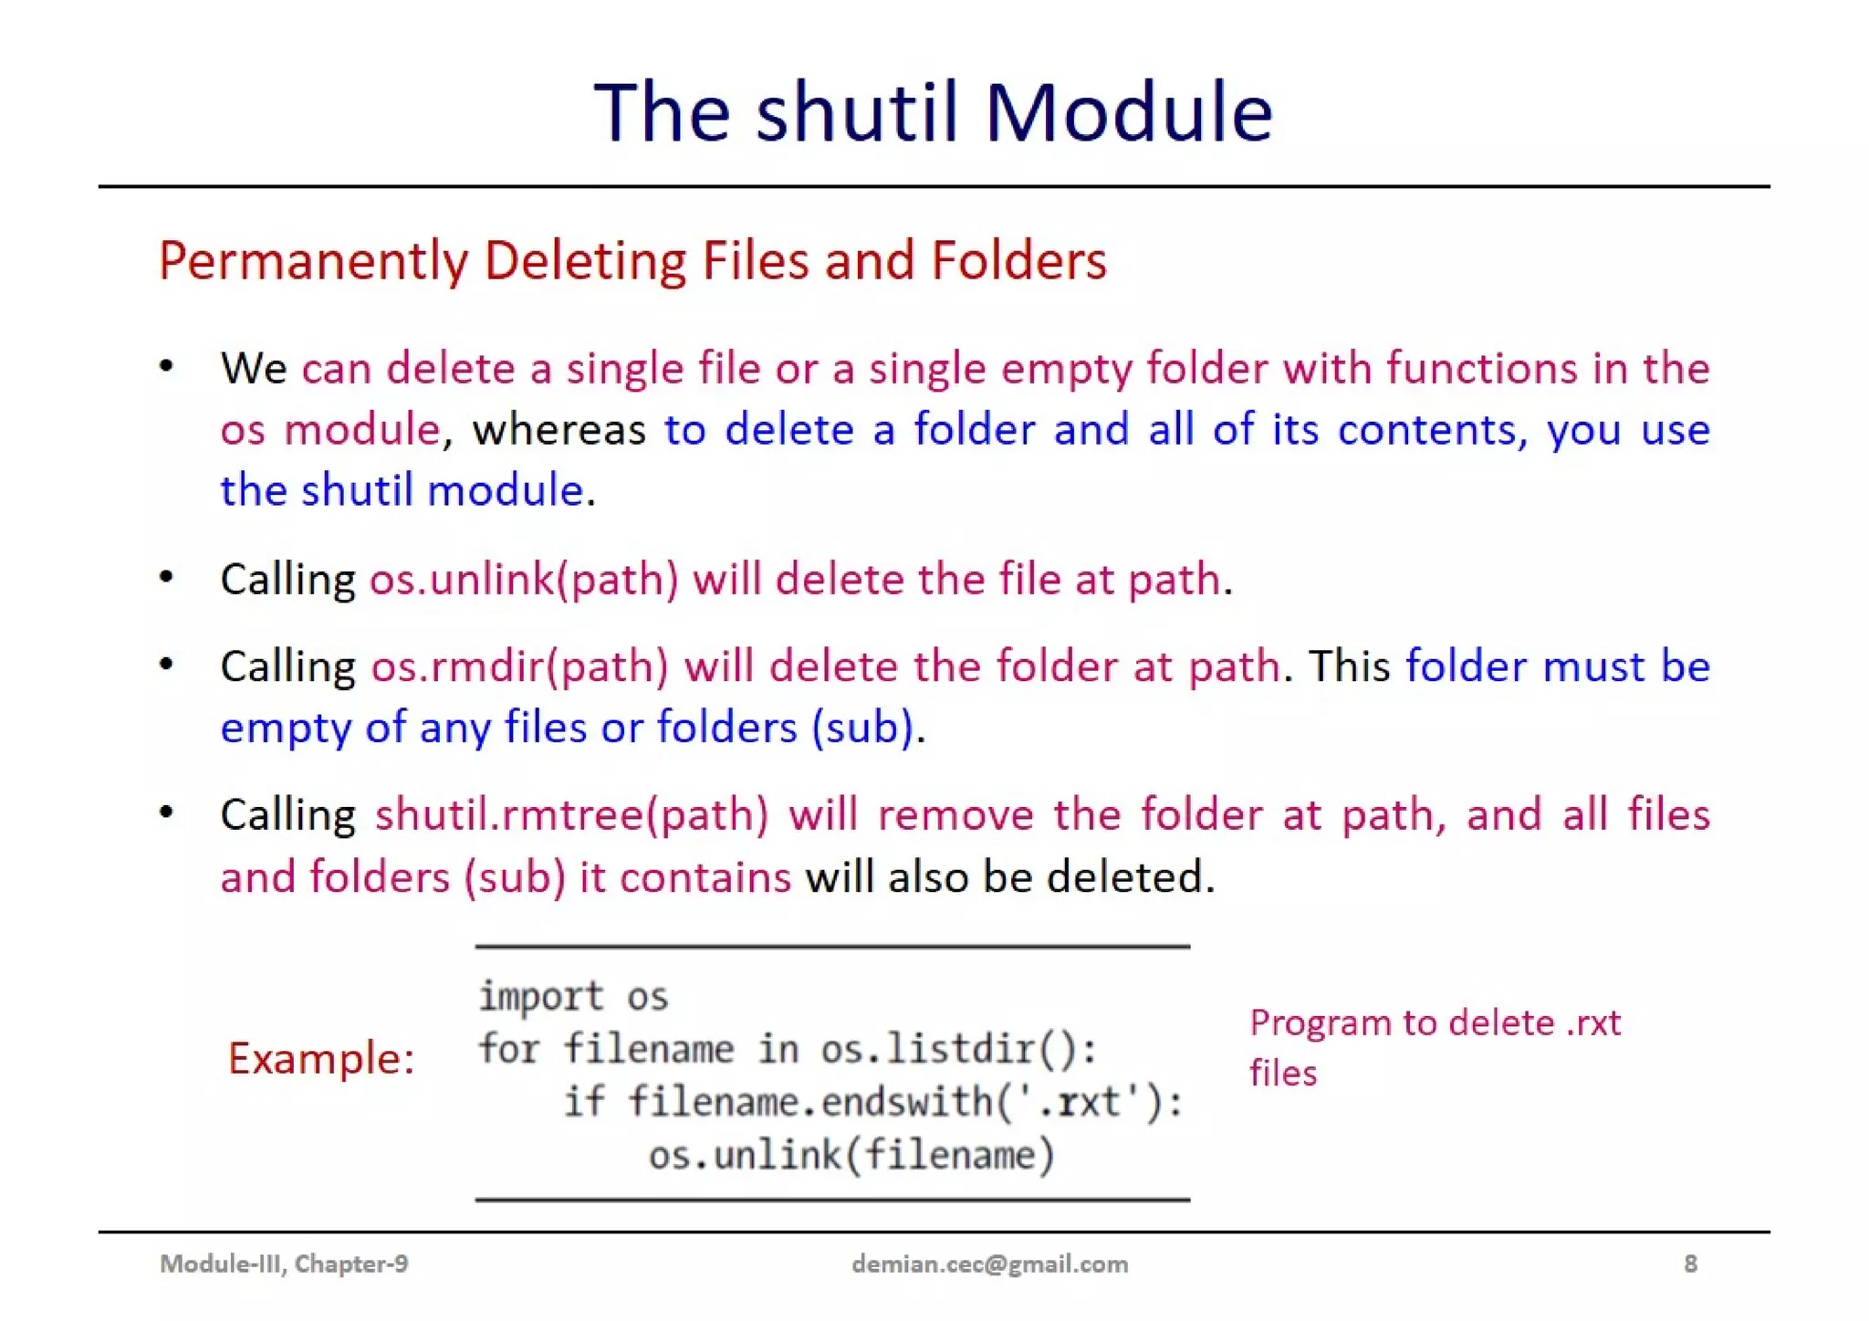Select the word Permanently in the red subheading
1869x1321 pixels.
tap(313, 261)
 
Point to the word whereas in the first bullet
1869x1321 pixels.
tap(559, 429)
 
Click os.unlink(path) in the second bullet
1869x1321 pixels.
tap(524, 579)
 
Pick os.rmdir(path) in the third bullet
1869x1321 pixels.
tap(519, 666)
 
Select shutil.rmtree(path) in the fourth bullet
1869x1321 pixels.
tap(572, 814)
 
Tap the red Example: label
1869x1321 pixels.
tap(321, 1058)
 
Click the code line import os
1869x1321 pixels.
tap(573, 996)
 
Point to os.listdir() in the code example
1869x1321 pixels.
tap(958, 1049)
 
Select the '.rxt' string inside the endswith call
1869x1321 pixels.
tap(1079, 1102)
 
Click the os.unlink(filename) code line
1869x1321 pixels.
tap(851, 1155)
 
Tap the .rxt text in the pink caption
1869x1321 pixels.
tap(1593, 1022)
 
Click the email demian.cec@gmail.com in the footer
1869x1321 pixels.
tap(989, 1263)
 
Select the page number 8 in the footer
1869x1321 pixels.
tap(1690, 1263)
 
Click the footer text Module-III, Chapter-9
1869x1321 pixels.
tap(284, 1263)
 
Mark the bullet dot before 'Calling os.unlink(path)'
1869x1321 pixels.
tap(166, 577)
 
